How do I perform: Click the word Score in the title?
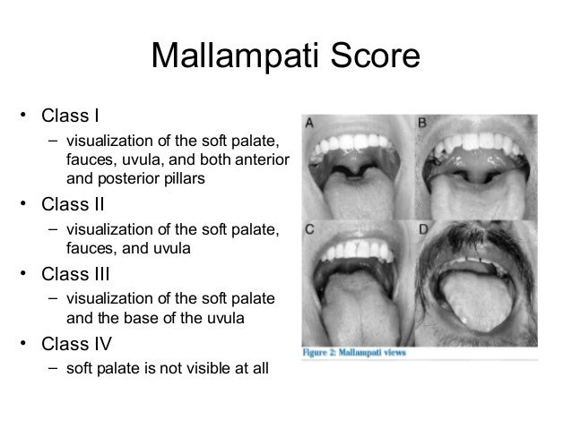coord(375,56)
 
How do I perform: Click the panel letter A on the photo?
coord(309,124)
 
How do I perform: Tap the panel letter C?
coord(309,229)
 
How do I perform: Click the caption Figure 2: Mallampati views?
coord(355,352)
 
